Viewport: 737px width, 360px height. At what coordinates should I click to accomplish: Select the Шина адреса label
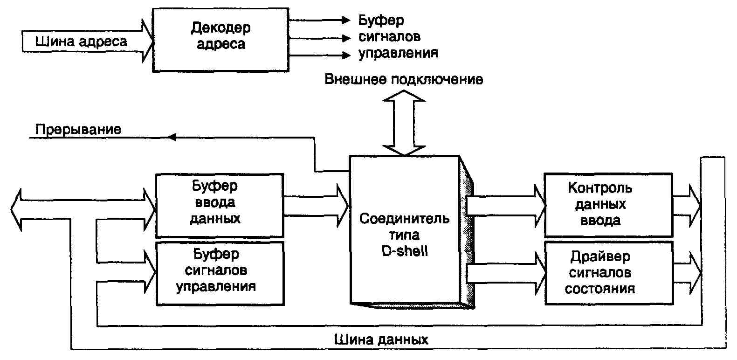click(x=81, y=42)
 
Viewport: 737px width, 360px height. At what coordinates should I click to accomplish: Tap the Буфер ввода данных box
click(x=219, y=205)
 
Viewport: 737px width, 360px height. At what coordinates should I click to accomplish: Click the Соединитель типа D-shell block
click(x=405, y=231)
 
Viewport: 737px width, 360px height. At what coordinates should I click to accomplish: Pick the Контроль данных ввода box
click(x=608, y=205)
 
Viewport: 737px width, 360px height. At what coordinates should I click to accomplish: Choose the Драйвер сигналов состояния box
click(x=608, y=273)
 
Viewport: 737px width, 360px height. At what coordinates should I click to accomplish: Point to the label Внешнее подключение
click(x=404, y=79)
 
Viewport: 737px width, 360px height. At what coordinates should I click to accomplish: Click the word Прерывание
click(x=78, y=129)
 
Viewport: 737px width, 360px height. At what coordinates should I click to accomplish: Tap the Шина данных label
click(x=381, y=339)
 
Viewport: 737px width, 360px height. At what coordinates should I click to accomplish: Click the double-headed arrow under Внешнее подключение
click(x=404, y=123)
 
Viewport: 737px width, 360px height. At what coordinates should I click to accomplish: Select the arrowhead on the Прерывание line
click(x=172, y=137)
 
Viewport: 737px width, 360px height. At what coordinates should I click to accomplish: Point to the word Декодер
click(x=220, y=28)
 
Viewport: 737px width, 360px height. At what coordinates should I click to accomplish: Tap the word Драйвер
click(x=600, y=256)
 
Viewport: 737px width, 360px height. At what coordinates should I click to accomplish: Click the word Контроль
click(x=600, y=188)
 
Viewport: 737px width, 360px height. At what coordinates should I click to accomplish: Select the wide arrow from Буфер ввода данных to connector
click(x=316, y=205)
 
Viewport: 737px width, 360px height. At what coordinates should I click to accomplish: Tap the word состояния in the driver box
click(x=600, y=289)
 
